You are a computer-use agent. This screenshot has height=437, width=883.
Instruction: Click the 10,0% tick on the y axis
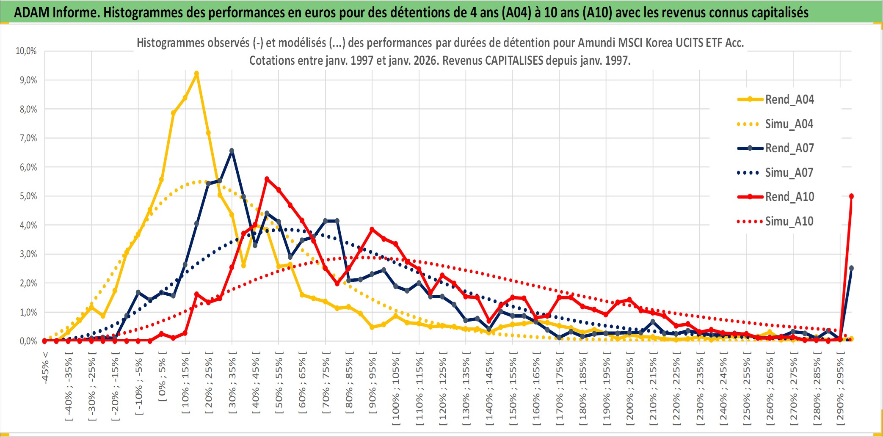(x=26, y=51)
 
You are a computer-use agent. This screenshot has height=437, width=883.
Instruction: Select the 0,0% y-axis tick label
(x=28, y=341)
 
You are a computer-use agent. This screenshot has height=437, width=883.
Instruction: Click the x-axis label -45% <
(x=45, y=368)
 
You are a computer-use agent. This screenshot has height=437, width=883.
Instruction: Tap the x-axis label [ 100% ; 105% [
(x=396, y=389)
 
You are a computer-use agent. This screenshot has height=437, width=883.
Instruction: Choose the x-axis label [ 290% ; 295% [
(x=840, y=389)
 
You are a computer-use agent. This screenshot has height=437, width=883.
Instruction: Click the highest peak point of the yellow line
(x=196, y=74)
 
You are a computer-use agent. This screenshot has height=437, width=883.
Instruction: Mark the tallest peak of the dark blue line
(x=232, y=151)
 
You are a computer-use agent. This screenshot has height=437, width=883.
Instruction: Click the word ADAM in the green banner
(x=32, y=13)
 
